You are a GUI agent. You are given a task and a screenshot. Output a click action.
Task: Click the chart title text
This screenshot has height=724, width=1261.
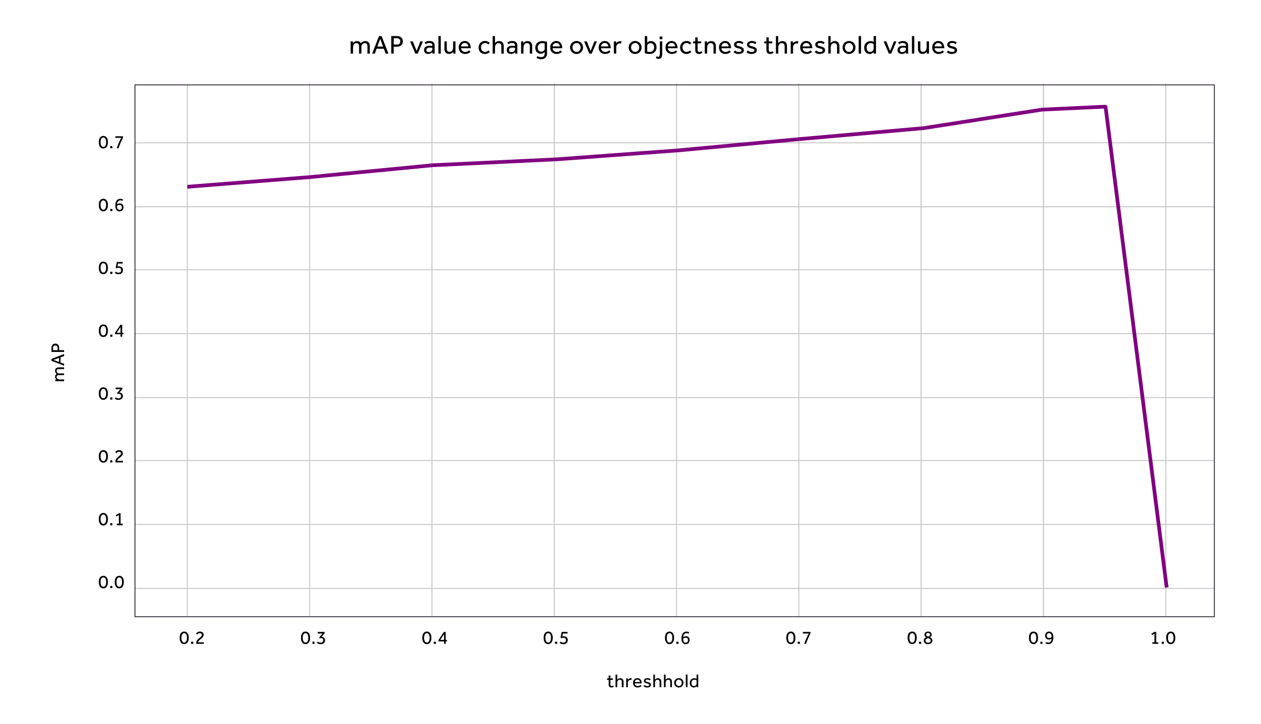coord(653,46)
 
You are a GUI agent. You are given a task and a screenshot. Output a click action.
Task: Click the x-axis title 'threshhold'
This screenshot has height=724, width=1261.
coord(653,682)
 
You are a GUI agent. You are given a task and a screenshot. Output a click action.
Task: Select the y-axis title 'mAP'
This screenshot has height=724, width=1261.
coord(59,363)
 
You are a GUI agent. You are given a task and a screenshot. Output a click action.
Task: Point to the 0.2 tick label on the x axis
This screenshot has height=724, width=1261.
coord(192,638)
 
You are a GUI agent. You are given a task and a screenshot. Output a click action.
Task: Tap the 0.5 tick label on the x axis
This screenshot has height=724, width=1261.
coord(556,638)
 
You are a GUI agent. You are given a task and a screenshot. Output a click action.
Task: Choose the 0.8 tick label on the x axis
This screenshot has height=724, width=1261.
coord(920,638)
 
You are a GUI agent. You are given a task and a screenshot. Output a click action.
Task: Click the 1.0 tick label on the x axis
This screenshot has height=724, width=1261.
coord(1163,638)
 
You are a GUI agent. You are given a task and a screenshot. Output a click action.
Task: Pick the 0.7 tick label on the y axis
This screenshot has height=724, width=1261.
coord(111,143)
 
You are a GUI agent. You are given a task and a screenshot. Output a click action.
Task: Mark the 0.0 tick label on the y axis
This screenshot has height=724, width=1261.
coord(111,583)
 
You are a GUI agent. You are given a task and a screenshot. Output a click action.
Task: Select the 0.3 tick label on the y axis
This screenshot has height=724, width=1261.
coord(111,394)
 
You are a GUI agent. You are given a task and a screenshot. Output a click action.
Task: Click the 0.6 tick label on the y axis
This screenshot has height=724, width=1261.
coord(111,205)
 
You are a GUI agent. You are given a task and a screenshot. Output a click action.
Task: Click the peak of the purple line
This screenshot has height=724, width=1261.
coord(1105,107)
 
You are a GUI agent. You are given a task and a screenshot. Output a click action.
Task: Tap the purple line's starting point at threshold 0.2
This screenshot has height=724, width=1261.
coord(188,187)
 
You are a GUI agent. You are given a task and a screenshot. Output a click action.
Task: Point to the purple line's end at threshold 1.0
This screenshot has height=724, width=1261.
coord(1166,586)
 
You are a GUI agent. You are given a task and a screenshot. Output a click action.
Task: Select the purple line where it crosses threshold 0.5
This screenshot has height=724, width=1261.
coord(554,159)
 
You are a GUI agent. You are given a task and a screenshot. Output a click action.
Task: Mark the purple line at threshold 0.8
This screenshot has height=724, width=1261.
coord(921,128)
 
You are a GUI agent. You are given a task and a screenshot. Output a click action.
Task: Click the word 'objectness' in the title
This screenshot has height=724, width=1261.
coord(692,46)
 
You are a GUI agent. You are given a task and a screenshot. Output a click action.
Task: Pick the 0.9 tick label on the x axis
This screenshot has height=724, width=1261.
coord(1041,638)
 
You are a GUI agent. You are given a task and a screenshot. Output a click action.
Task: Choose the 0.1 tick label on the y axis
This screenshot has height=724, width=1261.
coord(111,520)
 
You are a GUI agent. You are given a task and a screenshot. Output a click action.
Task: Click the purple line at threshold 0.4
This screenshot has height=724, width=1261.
coord(432,166)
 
